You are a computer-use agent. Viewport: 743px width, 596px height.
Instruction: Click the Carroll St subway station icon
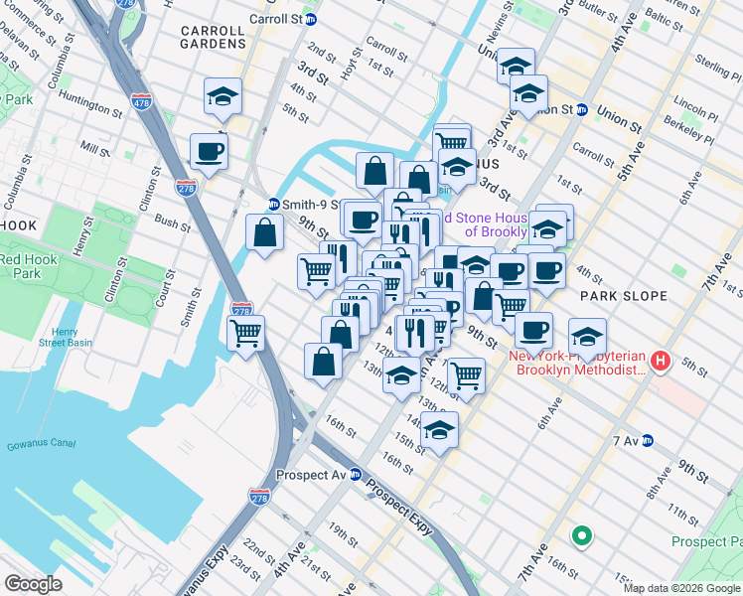(311, 19)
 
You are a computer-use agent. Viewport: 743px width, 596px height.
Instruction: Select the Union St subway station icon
(581, 110)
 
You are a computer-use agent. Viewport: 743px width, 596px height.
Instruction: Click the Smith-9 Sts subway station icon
(273, 205)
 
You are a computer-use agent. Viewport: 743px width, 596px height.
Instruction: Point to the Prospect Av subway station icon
(355, 475)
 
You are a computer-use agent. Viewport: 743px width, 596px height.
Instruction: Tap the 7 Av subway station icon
(647, 441)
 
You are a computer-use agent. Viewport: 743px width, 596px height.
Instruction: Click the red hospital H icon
(662, 363)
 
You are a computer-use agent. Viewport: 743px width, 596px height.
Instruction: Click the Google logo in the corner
(33, 583)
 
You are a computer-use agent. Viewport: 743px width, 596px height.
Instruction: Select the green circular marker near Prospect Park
(581, 537)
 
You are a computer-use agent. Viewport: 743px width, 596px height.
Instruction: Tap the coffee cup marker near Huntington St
(209, 152)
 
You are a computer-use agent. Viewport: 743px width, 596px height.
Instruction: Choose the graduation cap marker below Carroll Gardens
(223, 96)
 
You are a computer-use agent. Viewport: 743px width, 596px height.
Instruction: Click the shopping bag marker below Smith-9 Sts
(265, 234)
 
